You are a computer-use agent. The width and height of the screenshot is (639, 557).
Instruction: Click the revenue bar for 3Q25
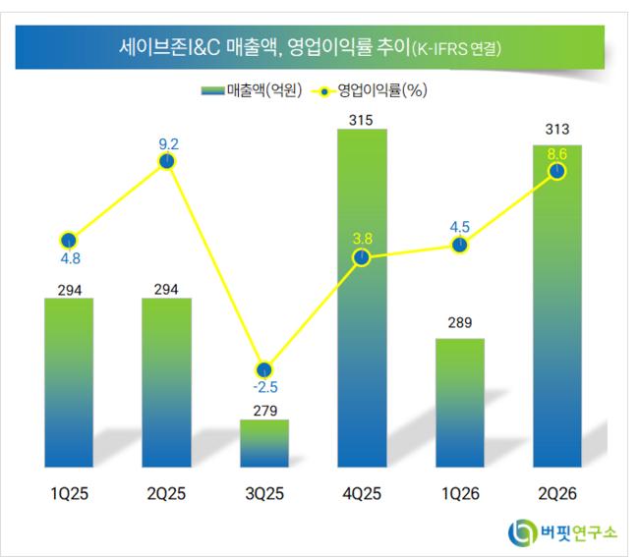(264, 443)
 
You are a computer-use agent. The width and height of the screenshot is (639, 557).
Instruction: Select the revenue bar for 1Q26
(460, 403)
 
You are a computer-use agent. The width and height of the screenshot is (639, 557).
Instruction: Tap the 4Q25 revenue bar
(362, 298)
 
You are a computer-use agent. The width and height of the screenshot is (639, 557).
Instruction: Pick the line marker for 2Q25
(167, 162)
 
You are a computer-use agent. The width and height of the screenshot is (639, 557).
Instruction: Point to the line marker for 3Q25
(264, 370)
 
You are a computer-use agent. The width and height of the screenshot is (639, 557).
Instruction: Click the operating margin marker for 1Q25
(69, 241)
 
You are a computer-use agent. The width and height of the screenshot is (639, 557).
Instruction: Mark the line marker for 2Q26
(557, 171)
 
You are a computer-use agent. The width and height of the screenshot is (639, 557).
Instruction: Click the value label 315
(361, 120)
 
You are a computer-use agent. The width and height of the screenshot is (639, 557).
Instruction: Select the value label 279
(264, 411)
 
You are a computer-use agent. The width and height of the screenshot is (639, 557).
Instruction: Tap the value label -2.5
(265, 387)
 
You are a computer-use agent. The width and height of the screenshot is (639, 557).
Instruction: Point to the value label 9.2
(169, 144)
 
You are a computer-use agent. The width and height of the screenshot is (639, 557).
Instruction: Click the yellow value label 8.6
(557, 154)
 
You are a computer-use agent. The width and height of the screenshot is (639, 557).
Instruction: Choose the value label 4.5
(460, 227)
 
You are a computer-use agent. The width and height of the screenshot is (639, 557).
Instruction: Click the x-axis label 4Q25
(362, 493)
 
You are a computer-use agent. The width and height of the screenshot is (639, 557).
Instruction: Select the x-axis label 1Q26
(460, 493)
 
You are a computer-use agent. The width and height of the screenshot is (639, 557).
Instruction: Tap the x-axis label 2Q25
(166, 493)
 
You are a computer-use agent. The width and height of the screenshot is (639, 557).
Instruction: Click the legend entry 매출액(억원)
(252, 90)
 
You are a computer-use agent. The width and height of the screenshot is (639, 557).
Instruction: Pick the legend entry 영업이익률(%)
(370, 90)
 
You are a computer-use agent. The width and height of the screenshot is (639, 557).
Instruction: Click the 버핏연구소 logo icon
(522, 531)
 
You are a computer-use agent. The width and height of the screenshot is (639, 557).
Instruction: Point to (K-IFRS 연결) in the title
(456, 49)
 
